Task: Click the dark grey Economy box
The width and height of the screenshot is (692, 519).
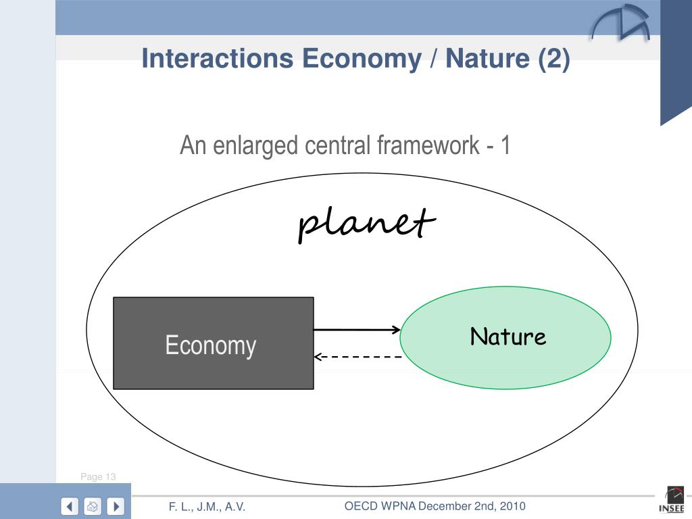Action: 213,343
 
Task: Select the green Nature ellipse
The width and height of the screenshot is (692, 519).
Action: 505,337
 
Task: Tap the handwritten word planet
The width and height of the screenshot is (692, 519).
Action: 366,223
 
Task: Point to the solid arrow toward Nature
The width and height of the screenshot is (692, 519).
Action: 357,330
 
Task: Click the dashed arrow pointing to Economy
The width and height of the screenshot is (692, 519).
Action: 358,356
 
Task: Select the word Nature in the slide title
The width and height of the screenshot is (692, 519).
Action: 487,59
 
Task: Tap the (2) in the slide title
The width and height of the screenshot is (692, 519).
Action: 554,59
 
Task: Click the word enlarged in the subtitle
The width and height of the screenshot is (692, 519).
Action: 257,145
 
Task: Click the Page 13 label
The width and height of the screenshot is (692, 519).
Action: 98,476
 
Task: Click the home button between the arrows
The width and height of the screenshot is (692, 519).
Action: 93,505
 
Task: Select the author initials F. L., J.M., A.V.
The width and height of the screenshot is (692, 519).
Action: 207,507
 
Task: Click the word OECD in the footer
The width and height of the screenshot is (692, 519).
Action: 362,506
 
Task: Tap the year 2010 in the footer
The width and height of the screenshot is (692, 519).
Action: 512,506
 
